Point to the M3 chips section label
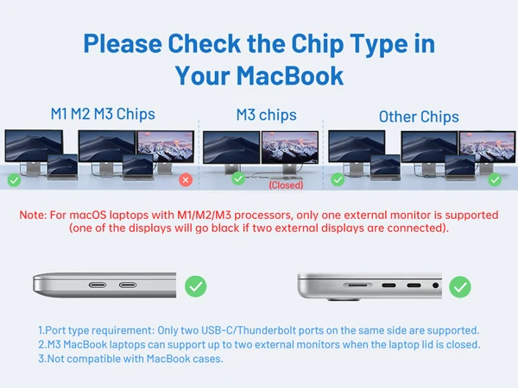(x=266, y=115)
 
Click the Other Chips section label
(x=419, y=116)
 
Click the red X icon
(x=185, y=179)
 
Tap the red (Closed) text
(x=286, y=185)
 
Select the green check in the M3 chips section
(x=237, y=178)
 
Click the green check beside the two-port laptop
(x=196, y=285)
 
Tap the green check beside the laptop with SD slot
(x=460, y=285)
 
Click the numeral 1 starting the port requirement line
(x=41, y=330)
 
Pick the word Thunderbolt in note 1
(x=267, y=330)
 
